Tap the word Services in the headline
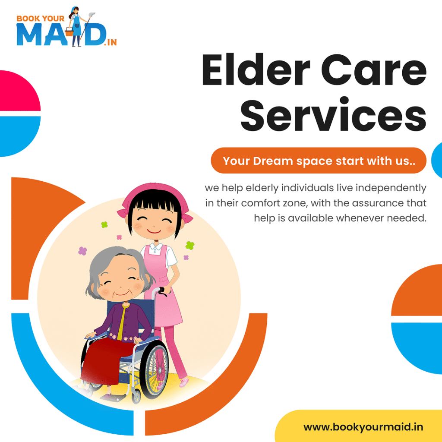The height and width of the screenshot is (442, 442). pos(333,115)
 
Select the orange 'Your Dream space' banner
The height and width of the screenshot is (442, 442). pos(318,161)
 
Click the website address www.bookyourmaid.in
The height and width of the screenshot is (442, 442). pos(363,427)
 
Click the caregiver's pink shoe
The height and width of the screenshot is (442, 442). pos(183,382)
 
